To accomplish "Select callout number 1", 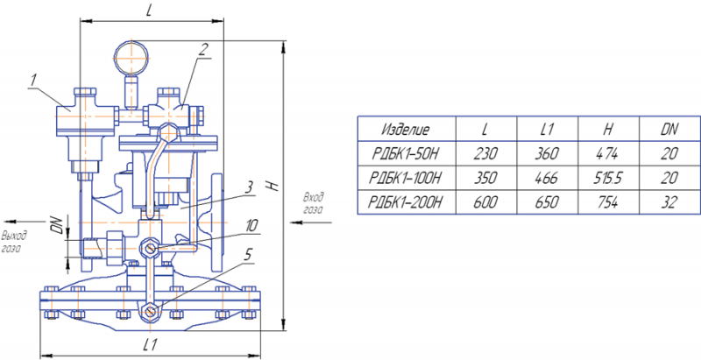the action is [x=33, y=81].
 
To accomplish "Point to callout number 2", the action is [x=203, y=49].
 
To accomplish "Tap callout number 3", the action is [x=249, y=187].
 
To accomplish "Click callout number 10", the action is [x=251, y=226].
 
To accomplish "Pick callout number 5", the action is [x=248, y=255].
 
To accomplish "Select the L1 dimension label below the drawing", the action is [x=150, y=344].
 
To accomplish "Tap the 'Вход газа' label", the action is [x=314, y=203].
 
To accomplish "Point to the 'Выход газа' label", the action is [x=14, y=242].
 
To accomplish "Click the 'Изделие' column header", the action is [x=406, y=130].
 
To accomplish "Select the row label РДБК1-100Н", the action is [x=406, y=178].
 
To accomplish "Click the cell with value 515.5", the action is [x=607, y=178].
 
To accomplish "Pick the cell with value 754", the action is [x=607, y=202].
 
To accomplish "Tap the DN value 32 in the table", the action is [x=669, y=202].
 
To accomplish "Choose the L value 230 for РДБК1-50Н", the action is [x=485, y=154].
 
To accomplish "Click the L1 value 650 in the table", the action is [x=547, y=202].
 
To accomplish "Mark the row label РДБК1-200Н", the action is [x=406, y=202].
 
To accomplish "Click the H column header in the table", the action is [x=607, y=130].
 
